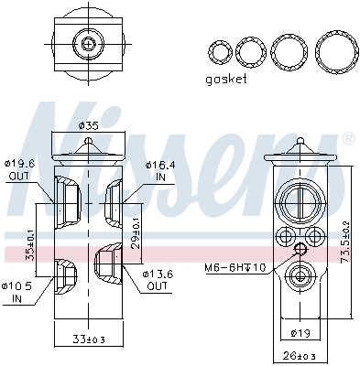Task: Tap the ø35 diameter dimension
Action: coord(88,124)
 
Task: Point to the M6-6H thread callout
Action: coord(234,267)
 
